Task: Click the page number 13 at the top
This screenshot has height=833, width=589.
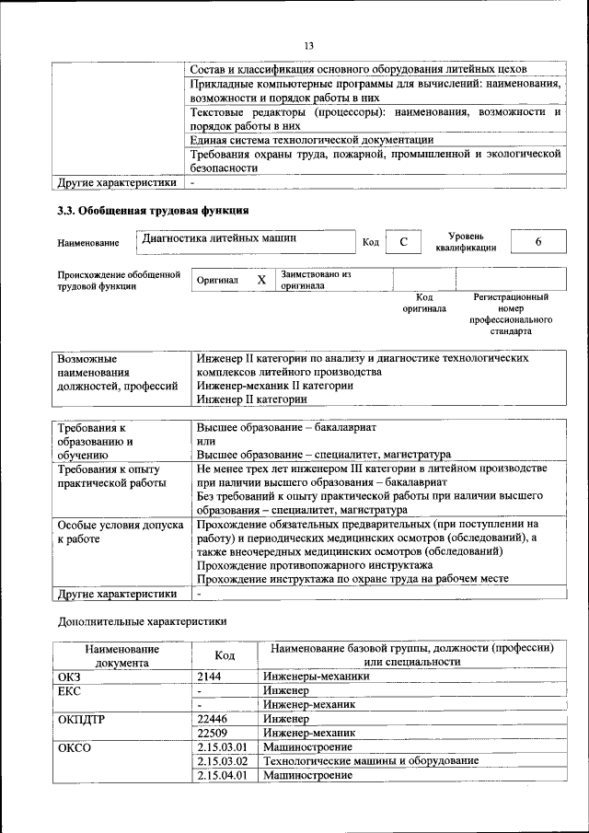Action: [308, 46]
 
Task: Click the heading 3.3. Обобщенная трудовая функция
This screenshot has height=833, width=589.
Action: [153, 211]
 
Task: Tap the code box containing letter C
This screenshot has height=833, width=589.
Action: [403, 242]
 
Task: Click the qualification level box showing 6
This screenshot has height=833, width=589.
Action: [538, 242]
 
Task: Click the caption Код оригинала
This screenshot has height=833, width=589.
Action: [423, 303]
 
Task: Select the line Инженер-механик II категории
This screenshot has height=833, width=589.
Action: [275, 386]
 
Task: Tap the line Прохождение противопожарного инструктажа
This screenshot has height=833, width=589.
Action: [315, 564]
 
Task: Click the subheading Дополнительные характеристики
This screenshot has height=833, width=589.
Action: [142, 621]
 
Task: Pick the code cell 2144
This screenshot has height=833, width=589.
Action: [211, 677]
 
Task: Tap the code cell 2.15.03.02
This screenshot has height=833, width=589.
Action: [223, 761]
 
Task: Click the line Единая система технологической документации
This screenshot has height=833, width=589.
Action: [311, 139]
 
